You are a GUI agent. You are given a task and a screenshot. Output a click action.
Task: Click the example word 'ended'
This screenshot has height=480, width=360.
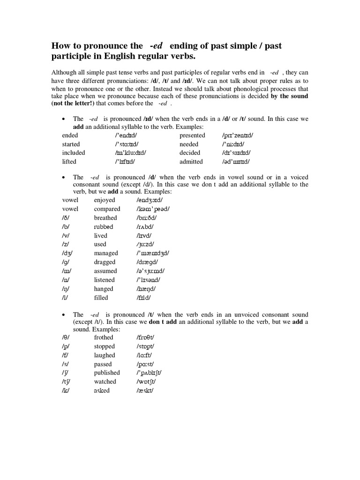[x=70, y=135]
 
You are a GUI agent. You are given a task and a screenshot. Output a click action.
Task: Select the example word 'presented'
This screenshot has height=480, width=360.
[x=192, y=135]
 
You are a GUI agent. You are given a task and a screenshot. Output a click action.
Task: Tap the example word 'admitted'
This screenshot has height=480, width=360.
[x=191, y=162]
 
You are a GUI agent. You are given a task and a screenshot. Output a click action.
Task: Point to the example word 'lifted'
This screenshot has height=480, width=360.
[x=69, y=162]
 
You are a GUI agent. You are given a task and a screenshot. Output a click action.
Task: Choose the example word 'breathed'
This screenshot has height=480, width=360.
[x=105, y=218]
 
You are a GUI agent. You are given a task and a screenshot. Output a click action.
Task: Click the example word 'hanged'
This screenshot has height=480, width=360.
[x=104, y=289]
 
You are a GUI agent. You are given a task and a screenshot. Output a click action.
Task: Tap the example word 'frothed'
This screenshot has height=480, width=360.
[x=104, y=337]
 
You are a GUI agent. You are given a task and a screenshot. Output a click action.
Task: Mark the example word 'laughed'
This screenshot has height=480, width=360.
[x=105, y=355]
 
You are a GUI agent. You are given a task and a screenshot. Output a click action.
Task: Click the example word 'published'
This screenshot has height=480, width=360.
[x=107, y=373]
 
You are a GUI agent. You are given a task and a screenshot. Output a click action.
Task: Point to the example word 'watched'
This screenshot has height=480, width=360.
[x=105, y=382]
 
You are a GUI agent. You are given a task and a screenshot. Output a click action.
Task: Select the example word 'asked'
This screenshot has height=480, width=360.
[x=102, y=390]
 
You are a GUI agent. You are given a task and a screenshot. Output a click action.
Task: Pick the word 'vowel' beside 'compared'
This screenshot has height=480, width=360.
[x=70, y=209]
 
